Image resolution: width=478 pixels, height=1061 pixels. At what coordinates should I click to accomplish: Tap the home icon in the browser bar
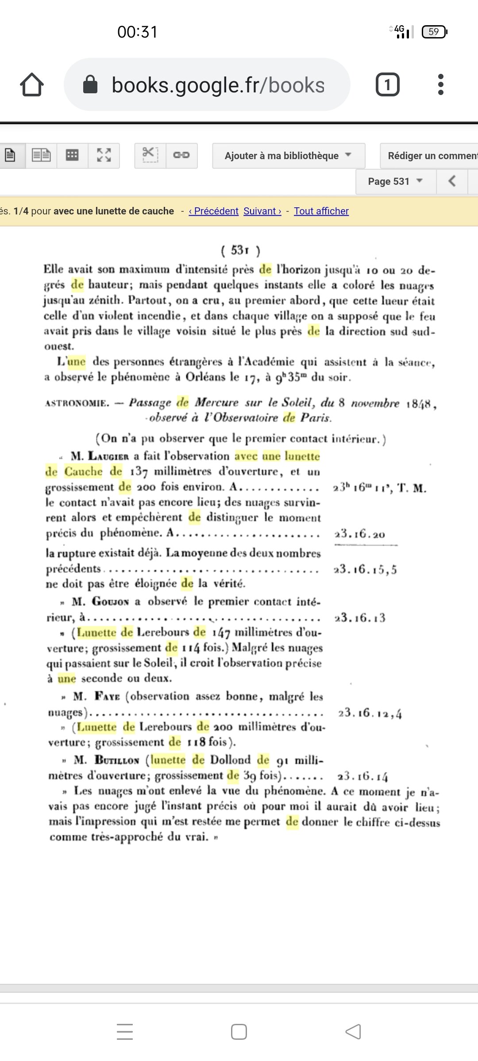point(32,84)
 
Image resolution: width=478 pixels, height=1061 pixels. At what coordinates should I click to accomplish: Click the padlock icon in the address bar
point(90,84)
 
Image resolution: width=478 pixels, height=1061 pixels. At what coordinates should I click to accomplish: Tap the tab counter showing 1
point(387,84)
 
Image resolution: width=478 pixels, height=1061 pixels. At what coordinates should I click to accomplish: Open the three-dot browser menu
point(440,84)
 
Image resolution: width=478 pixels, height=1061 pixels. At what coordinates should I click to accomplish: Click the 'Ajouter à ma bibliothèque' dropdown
point(288,156)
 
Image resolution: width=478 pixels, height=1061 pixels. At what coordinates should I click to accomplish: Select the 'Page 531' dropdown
point(395,181)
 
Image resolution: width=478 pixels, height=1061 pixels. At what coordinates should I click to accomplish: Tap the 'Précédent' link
point(214,211)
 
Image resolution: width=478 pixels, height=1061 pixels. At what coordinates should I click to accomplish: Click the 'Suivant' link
point(262,211)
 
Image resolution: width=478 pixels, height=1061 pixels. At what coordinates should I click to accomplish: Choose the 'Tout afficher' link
point(321,211)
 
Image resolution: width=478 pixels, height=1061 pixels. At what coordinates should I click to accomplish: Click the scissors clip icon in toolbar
point(150,155)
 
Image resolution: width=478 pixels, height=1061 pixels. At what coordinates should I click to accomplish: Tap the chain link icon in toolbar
point(181,155)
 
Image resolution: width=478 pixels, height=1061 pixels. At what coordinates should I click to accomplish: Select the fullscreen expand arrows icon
point(104,155)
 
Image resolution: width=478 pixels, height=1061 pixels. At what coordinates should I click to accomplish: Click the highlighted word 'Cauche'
point(83,472)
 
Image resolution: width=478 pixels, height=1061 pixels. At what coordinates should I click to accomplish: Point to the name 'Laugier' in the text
point(108,456)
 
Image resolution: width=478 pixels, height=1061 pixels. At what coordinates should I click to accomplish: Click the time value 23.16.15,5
point(365,569)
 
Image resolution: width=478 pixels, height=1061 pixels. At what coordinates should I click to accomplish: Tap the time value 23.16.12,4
point(370,713)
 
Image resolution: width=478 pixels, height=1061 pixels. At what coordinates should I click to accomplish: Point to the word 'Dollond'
point(230,760)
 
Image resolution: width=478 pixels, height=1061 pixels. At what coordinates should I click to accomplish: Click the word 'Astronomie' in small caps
point(77,403)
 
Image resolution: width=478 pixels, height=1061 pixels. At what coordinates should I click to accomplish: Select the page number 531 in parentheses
point(240,251)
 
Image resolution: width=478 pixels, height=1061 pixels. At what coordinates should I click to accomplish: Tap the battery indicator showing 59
point(434,32)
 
